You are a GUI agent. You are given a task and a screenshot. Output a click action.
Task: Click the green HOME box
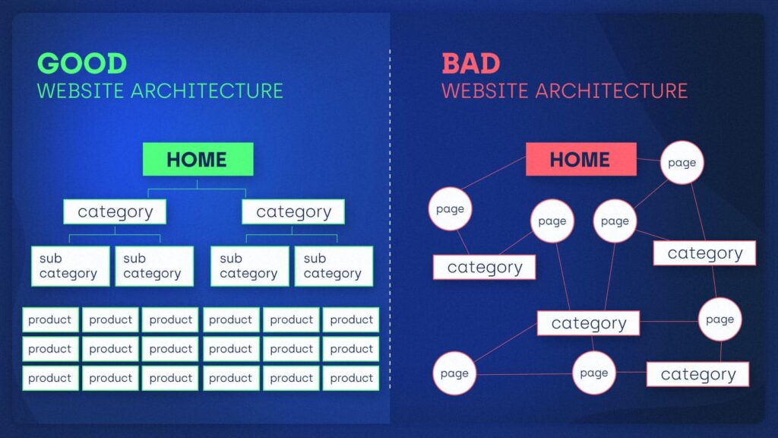click(x=198, y=159)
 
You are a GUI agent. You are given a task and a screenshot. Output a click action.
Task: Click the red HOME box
click(x=580, y=159)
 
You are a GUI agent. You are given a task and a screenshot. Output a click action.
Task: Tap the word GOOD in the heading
click(x=82, y=63)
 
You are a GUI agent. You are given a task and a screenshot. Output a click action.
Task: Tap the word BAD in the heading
click(x=471, y=63)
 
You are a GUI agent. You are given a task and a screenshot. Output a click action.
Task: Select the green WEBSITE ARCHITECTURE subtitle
click(x=160, y=90)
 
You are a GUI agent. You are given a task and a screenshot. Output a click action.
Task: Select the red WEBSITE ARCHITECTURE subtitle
click(x=564, y=90)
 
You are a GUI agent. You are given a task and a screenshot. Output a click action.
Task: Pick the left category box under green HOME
click(x=115, y=211)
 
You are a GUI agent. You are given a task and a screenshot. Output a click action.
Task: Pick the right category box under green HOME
click(x=293, y=211)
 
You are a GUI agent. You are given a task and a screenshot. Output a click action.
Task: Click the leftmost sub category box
click(x=69, y=266)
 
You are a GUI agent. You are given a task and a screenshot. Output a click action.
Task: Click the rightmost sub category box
click(x=334, y=266)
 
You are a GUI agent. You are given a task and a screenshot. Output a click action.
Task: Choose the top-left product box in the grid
click(x=50, y=320)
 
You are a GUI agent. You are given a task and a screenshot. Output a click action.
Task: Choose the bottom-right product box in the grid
click(x=351, y=378)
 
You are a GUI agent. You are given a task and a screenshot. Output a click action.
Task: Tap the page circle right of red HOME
click(x=682, y=163)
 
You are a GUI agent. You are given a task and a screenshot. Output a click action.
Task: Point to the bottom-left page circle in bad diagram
click(x=454, y=373)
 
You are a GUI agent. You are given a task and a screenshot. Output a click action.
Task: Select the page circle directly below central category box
click(x=594, y=373)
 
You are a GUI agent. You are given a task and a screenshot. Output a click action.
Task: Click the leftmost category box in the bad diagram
click(x=484, y=267)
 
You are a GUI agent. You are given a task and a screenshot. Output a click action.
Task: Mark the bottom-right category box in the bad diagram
click(x=697, y=374)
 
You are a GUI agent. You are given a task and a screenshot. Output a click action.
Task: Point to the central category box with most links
click(x=588, y=323)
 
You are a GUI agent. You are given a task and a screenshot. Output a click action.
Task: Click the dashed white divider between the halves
click(x=390, y=228)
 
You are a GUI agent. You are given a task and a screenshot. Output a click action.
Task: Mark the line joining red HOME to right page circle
click(x=648, y=160)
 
